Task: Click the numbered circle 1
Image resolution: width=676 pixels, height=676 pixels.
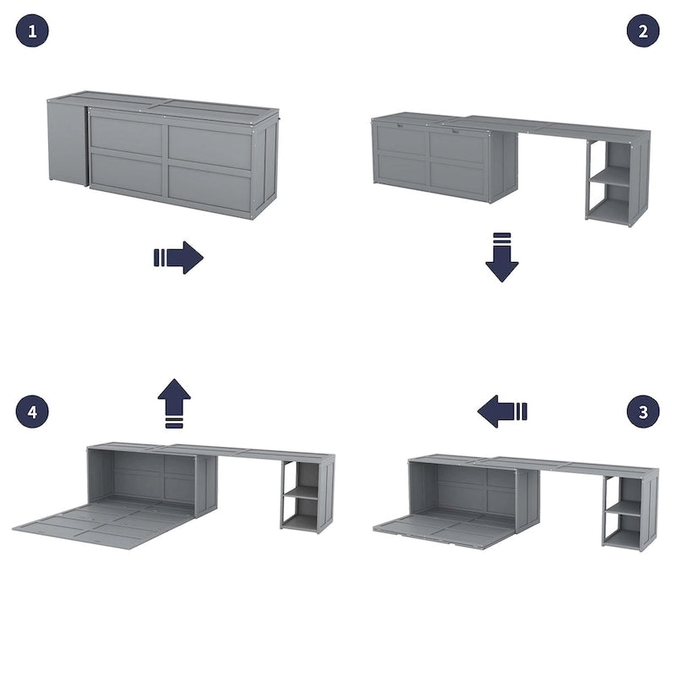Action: (32, 31)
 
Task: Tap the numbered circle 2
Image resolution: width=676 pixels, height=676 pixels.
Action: (643, 31)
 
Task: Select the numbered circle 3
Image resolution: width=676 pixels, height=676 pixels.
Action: (643, 412)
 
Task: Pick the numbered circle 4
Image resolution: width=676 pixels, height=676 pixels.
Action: (32, 412)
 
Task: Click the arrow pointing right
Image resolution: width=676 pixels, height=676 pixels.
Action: (178, 258)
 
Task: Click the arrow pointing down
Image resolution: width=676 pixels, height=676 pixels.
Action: (502, 257)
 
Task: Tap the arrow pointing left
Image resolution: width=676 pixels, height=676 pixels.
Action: (502, 412)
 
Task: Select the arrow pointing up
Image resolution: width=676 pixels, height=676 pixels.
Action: (174, 403)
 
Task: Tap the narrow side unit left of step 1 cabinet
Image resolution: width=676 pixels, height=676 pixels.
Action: (68, 141)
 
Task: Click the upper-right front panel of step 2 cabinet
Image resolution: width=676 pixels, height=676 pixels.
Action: (456, 145)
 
